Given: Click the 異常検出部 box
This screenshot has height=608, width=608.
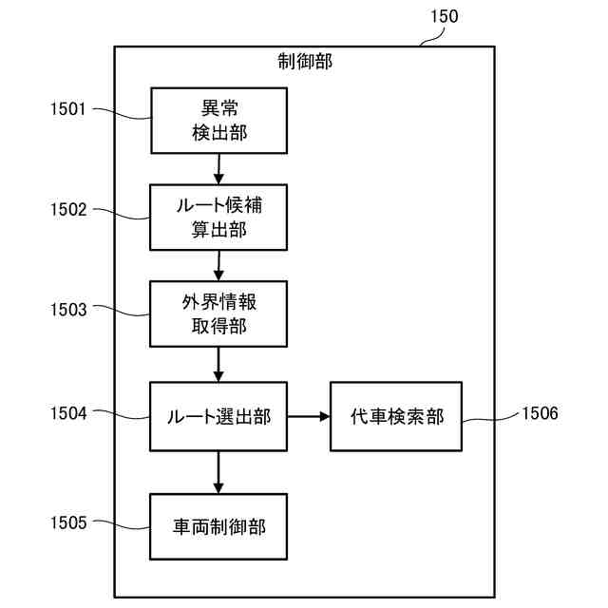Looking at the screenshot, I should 218,120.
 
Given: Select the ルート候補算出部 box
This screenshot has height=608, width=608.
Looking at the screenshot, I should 218,217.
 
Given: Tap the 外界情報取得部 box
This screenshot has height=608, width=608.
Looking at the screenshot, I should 218,314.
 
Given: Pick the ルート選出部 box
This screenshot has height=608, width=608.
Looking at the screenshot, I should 218,415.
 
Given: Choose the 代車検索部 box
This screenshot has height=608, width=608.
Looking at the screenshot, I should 395,415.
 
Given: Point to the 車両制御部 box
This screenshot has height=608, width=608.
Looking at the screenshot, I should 218,525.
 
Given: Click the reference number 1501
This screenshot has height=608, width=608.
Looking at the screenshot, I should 68,109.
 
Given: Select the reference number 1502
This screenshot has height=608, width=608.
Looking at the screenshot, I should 68,209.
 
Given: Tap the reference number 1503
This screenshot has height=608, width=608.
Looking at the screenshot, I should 68,309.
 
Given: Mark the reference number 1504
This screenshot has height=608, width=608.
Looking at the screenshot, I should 68,413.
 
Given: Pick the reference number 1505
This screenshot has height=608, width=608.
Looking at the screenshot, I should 68,522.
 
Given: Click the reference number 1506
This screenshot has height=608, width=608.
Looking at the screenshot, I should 540,413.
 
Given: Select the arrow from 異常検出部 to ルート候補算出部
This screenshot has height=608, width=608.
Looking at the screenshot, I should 218,168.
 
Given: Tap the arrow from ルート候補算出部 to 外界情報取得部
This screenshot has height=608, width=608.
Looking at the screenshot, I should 218,265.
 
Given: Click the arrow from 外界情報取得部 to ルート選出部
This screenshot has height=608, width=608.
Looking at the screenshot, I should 218,363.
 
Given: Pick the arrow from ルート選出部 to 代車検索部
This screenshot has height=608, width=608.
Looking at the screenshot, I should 308,416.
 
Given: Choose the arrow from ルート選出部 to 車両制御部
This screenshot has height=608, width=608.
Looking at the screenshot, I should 218,471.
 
